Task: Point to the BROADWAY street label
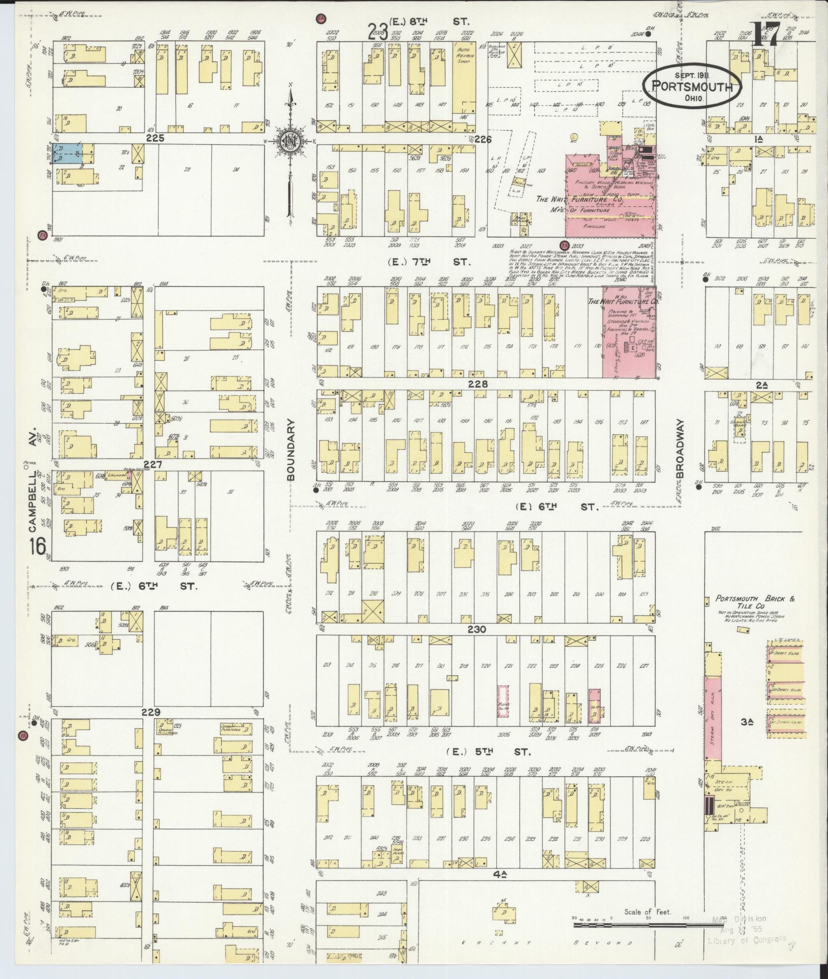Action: pyautogui.click(x=682, y=448)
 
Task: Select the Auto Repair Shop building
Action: pyautogui.click(x=464, y=76)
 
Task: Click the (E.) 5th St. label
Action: pyautogui.click(x=488, y=751)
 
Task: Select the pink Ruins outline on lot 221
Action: pyautogui.click(x=502, y=701)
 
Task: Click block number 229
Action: pyautogui.click(x=151, y=712)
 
